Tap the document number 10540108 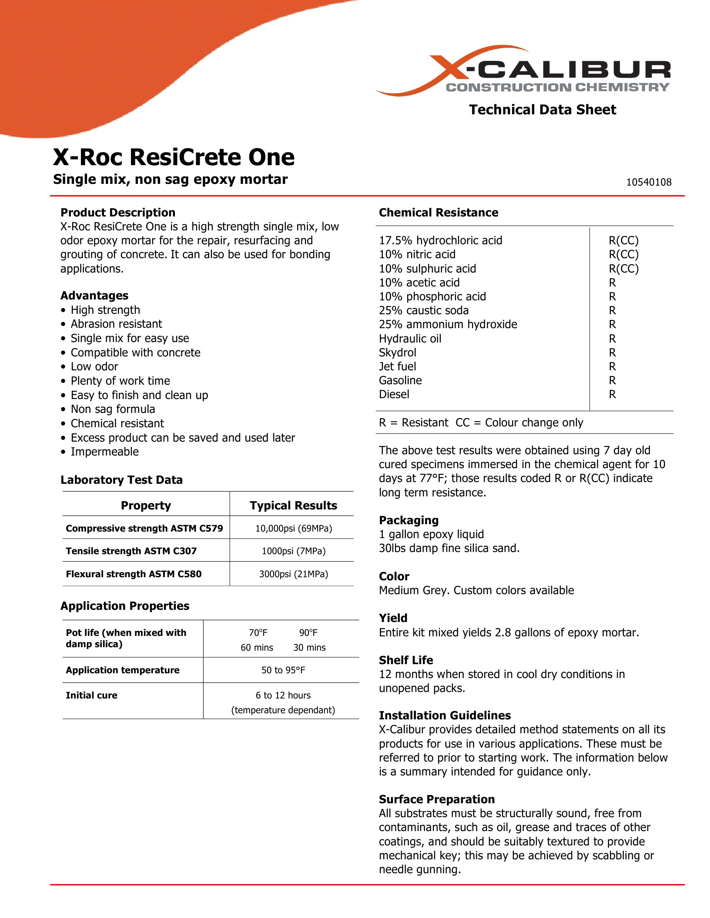pyautogui.click(x=648, y=182)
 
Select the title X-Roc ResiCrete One pyautogui.click(x=174, y=157)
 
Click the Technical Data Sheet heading pyautogui.click(x=542, y=110)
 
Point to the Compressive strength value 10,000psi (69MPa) pyautogui.click(x=293, y=528)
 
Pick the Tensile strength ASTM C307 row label pyautogui.click(x=131, y=551)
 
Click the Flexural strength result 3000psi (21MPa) pyautogui.click(x=293, y=574)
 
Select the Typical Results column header pyautogui.click(x=293, y=505)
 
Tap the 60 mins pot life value pyautogui.click(x=257, y=647)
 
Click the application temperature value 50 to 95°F pyautogui.click(x=283, y=670)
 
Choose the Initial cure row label pyautogui.click(x=91, y=695)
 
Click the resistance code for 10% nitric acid pyautogui.click(x=623, y=254)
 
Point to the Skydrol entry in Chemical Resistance pyautogui.click(x=397, y=352)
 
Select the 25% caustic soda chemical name pyautogui.click(x=423, y=310)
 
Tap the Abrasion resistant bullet pyautogui.click(x=116, y=324)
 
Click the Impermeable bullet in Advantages pyautogui.click(x=104, y=452)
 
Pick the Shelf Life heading pyautogui.click(x=405, y=660)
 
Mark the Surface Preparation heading pyautogui.click(x=436, y=799)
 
